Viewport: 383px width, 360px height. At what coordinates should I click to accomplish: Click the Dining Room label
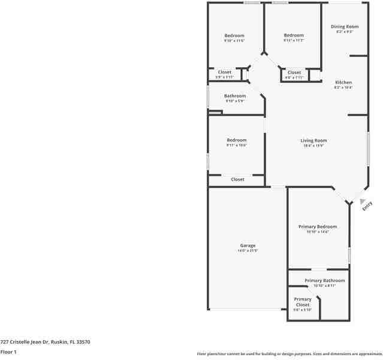pos(345,26)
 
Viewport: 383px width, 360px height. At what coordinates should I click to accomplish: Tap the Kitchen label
pos(343,82)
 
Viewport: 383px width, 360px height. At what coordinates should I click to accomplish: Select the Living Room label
pos(313,140)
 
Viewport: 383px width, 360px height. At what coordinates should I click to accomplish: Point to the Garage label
pos(248,245)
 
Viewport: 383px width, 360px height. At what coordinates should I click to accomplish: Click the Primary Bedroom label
pos(318,227)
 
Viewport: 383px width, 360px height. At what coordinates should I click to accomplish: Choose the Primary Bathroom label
pos(324,281)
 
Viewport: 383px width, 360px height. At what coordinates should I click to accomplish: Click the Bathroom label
pos(235,96)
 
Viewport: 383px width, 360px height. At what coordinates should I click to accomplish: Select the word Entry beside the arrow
pos(367,205)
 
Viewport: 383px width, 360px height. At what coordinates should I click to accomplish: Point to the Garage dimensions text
pos(248,251)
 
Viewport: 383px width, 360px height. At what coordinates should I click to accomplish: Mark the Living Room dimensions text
pos(313,146)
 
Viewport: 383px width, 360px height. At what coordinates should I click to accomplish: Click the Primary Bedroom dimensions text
pos(318,232)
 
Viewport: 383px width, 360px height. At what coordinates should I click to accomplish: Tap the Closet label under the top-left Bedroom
pos(224,72)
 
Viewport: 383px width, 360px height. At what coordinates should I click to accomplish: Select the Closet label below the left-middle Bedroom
pos(237,179)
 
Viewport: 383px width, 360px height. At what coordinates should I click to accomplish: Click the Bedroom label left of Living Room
pos(236,140)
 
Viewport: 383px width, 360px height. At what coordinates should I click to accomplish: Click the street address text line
pos(45,341)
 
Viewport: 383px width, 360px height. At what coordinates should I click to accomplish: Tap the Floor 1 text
pos(8,352)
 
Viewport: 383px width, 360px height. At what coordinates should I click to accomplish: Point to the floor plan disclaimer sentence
pos(289,354)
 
